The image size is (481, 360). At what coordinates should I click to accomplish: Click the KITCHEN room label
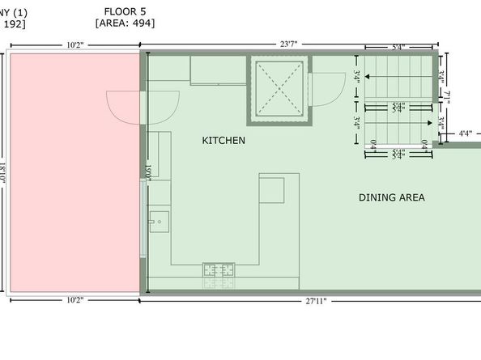223,141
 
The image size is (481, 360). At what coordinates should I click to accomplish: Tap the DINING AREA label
391,197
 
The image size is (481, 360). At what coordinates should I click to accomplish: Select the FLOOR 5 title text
125,11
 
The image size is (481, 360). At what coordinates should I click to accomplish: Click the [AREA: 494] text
125,23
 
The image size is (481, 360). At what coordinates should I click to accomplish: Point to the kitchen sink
159,220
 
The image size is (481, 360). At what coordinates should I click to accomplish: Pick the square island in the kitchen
271,190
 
